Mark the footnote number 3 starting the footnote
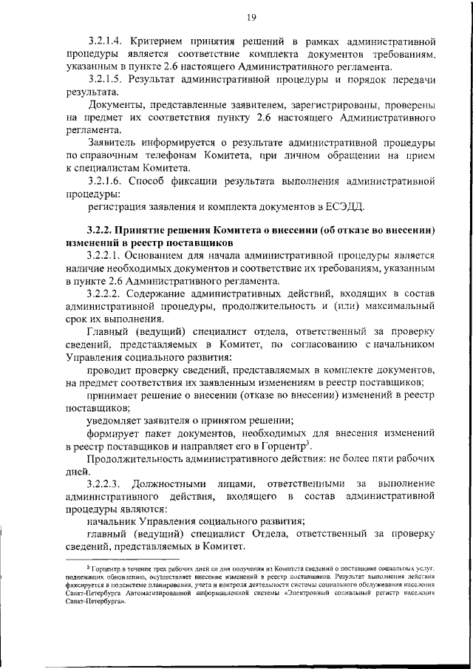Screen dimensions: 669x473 [x=89, y=566]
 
